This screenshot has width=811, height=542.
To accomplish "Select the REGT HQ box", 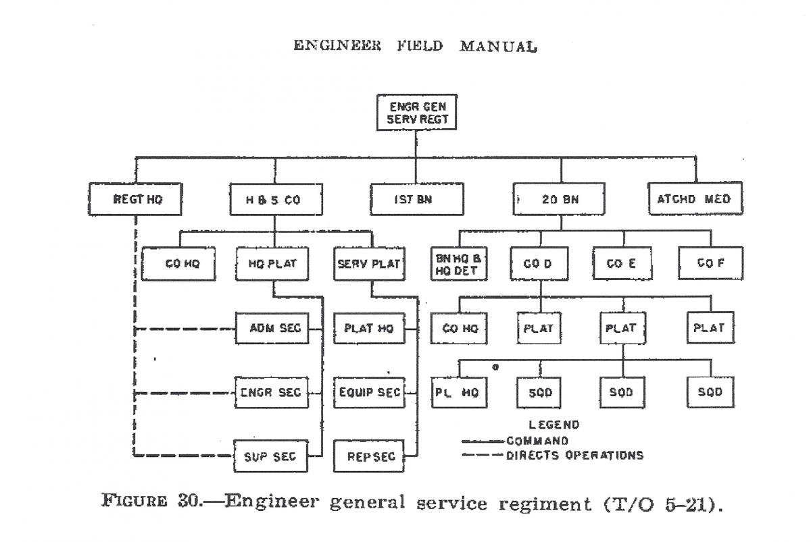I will [137, 199].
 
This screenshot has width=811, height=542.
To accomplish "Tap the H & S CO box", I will [274, 199].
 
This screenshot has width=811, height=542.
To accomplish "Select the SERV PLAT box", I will [370, 264].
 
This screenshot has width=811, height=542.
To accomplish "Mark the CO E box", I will [623, 263].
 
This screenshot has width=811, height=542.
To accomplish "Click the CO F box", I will [710, 263].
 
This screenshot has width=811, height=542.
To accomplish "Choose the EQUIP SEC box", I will [368, 392].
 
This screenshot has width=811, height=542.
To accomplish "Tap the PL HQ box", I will [460, 392].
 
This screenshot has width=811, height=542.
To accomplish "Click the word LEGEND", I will [554, 425].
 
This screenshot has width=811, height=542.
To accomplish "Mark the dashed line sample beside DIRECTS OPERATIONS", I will [481, 456].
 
